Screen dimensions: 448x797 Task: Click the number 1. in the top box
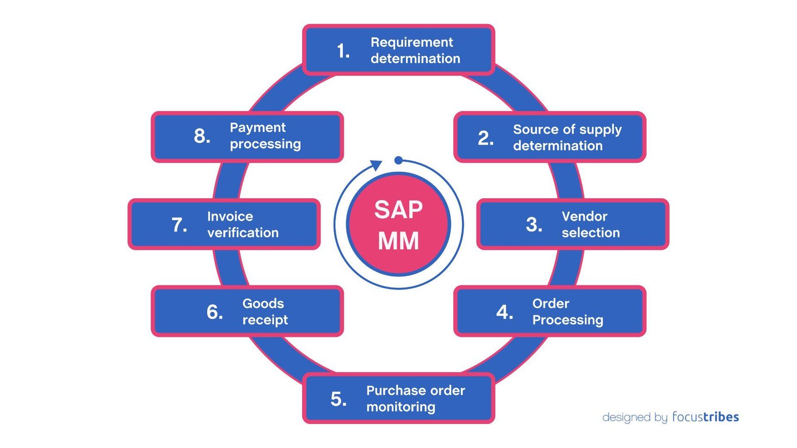[x=342, y=51]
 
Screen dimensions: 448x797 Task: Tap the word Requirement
[x=411, y=42]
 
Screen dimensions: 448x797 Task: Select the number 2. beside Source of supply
[x=485, y=138]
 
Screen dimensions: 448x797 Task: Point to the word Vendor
[x=584, y=216]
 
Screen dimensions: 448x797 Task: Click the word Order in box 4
[x=550, y=303]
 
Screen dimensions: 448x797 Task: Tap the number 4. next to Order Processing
[x=504, y=312]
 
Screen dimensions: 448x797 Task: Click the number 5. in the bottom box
[x=338, y=399]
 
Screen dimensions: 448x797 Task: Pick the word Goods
[x=263, y=303]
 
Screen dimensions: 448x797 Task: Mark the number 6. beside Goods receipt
[x=214, y=312]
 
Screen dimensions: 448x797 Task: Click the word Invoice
[x=230, y=216]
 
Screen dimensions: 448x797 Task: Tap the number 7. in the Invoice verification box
[x=179, y=225]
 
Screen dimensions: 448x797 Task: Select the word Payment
[x=258, y=127]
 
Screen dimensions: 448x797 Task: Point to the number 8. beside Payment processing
[x=202, y=136]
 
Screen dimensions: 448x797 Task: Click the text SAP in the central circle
[x=398, y=210]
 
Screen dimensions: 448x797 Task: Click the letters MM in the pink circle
[x=398, y=241]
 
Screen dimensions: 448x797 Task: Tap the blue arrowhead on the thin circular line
[x=376, y=165]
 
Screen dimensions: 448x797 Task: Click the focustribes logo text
[x=705, y=417]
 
